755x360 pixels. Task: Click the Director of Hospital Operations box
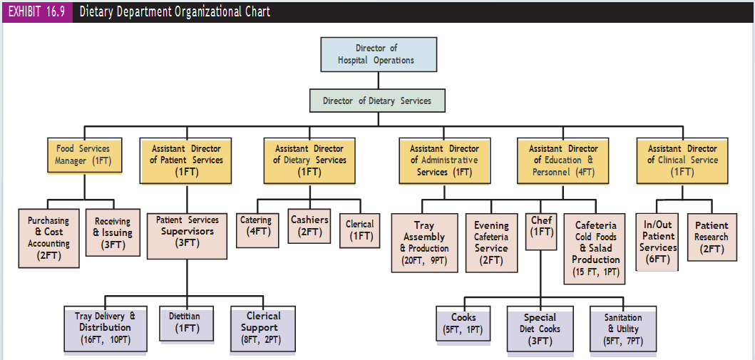(379, 54)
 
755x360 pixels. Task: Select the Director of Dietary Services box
(376, 101)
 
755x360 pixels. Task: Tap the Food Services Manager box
(84, 155)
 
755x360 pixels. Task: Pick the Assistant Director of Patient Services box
(187, 160)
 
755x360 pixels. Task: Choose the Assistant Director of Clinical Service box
(682, 160)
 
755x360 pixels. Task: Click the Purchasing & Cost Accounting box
(48, 238)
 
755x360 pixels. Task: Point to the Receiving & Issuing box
(113, 232)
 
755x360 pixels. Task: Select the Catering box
(257, 230)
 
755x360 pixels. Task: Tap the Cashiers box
(309, 226)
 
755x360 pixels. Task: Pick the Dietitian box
(188, 323)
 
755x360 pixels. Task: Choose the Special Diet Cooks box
(540, 329)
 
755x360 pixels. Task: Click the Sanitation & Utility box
(624, 329)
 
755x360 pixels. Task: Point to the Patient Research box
(712, 237)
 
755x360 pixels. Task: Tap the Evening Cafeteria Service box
(491, 243)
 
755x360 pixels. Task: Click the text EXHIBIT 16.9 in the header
(36, 11)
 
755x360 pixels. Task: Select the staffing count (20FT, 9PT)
(424, 260)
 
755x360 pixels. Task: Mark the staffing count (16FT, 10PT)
(105, 339)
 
